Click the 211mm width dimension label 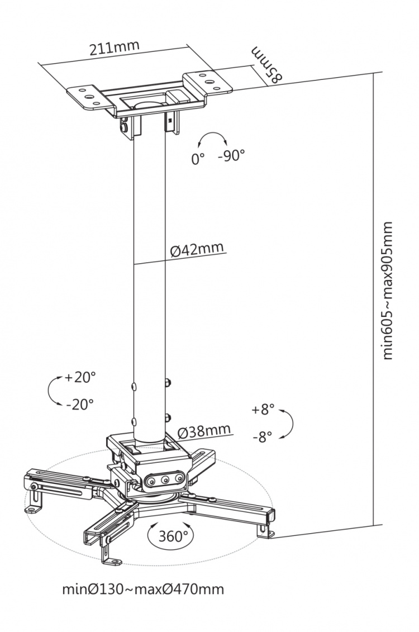[115, 49]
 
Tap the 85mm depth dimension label [266, 66]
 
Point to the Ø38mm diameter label [204, 431]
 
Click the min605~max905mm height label [388, 291]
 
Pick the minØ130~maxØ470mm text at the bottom [143, 589]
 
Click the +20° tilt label [80, 377]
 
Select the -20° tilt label [79, 404]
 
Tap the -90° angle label [231, 156]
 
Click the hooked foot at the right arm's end [264, 528]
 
